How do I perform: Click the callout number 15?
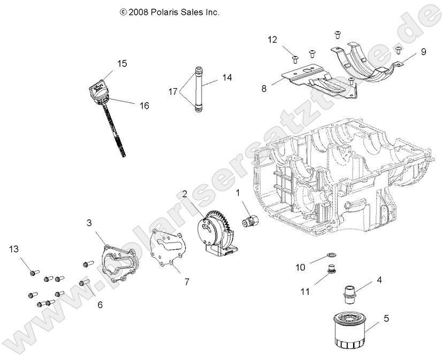click(x=122, y=64)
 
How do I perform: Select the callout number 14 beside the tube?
click(x=227, y=78)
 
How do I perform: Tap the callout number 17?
click(x=172, y=91)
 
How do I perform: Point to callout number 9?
click(x=423, y=52)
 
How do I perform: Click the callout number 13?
click(x=14, y=249)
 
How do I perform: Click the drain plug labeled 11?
click(x=332, y=268)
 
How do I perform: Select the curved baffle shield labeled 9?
click(x=369, y=62)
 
